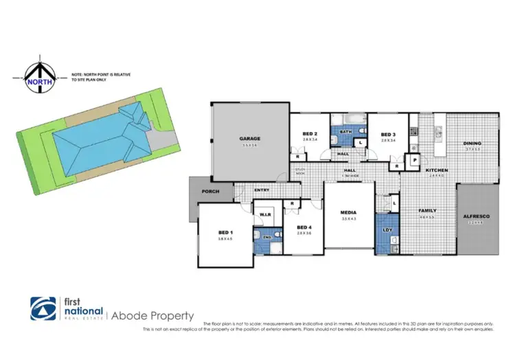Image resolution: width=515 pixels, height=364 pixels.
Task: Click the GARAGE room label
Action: click(x=250, y=139)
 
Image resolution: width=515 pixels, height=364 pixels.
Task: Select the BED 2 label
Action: click(x=309, y=134)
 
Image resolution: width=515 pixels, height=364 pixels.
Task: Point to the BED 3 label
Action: click(x=388, y=134)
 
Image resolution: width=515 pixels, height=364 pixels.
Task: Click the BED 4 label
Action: click(x=305, y=227)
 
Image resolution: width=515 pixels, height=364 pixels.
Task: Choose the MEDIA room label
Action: click(x=349, y=213)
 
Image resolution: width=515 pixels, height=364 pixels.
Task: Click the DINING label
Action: click(x=472, y=144)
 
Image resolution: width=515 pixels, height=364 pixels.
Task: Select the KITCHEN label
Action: click(x=437, y=170)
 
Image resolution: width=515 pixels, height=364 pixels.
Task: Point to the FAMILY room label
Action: click(x=428, y=210)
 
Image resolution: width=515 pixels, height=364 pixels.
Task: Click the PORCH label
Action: click(x=209, y=192)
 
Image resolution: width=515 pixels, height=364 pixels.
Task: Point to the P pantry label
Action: click(x=415, y=159)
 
